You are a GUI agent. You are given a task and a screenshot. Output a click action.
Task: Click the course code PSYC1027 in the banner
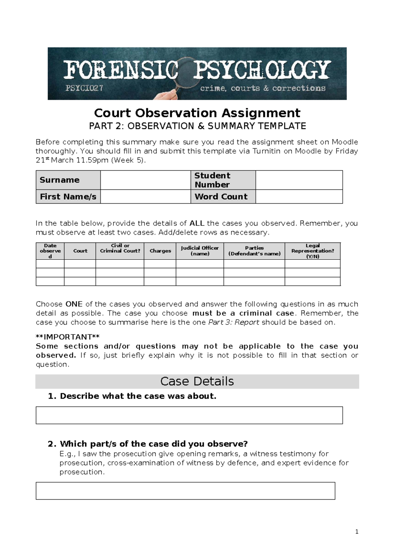84,88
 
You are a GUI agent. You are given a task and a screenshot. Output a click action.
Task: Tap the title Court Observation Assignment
197,113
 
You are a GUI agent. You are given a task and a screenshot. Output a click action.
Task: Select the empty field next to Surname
145,180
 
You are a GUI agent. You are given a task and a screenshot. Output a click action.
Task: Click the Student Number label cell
223,180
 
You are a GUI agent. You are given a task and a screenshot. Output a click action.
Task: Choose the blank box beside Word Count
299,196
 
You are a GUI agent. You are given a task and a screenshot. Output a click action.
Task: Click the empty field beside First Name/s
145,196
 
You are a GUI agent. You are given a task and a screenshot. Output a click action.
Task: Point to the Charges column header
160,251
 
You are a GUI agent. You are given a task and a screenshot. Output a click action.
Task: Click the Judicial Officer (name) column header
199,251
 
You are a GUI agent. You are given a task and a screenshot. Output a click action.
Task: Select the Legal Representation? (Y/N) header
312,251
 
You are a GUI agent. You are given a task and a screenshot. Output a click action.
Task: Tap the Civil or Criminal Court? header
120,248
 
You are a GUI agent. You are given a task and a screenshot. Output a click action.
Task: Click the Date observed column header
50,251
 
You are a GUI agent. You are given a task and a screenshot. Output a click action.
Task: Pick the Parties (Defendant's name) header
254,251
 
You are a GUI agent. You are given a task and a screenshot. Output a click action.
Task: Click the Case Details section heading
197,381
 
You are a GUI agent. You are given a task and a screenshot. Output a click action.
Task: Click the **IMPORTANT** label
67,337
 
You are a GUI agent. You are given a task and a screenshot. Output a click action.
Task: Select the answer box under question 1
189,415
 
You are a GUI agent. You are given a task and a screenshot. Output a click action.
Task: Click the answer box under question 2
185,491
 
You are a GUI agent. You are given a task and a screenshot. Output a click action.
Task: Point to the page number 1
357,532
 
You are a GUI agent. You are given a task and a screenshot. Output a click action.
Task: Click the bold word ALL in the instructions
197,223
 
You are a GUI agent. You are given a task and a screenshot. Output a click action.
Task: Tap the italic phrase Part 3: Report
234,322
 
